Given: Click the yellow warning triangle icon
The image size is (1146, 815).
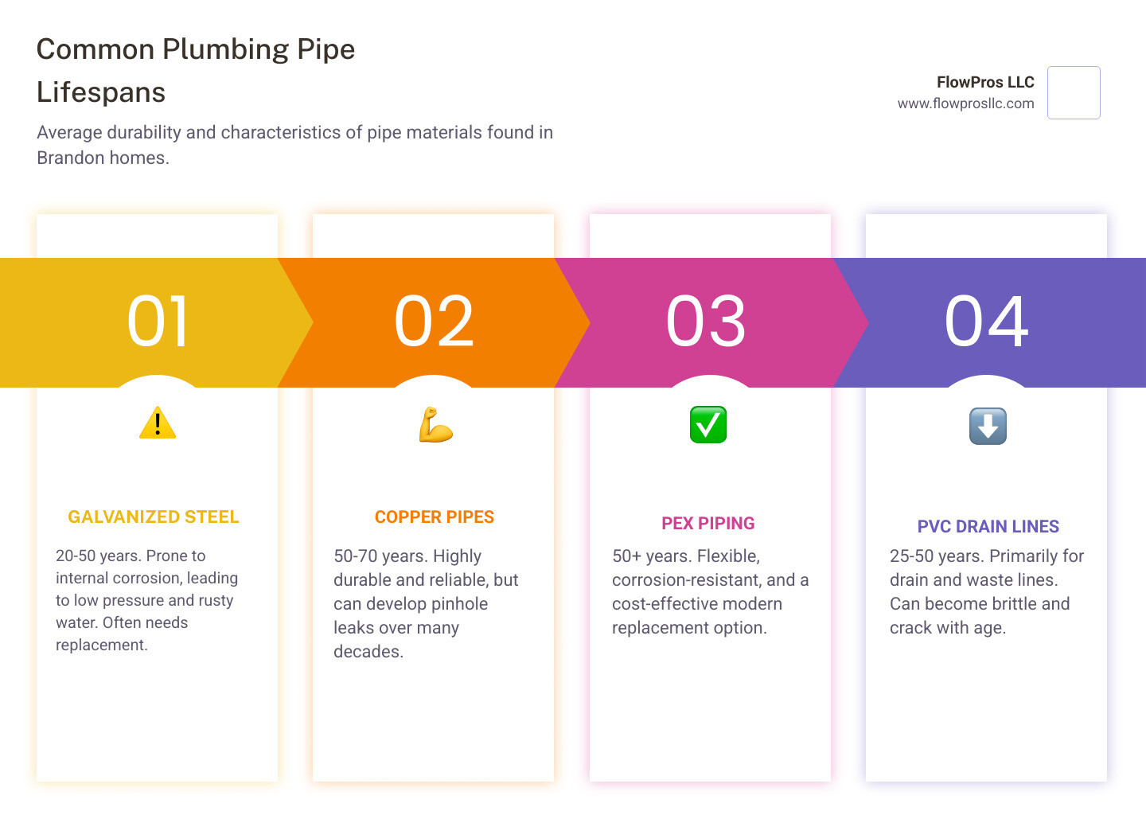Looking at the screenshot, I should click(158, 423).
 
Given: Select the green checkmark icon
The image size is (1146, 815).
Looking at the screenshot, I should click(708, 424).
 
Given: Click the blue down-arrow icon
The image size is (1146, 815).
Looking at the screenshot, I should click(988, 426).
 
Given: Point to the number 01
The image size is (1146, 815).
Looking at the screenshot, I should click(158, 322).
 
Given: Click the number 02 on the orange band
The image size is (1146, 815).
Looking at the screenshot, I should click(435, 322).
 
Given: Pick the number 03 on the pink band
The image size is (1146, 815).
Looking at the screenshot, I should click(706, 322).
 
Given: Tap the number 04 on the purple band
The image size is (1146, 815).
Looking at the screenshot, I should click(987, 322).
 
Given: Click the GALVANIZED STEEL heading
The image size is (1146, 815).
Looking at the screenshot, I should click(154, 517).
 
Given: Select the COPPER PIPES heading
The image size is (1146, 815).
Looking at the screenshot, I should click(435, 517).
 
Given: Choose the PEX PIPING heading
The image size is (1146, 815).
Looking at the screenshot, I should click(708, 524).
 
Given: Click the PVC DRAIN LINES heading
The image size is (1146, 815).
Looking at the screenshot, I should click(988, 527).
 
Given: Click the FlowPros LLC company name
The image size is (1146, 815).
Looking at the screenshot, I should click(985, 82).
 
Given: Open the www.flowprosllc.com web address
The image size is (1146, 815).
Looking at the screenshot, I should click(965, 103).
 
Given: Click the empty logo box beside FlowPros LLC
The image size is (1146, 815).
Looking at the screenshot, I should click(1074, 92).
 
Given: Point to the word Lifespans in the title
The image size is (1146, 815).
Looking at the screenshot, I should click(101, 92).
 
